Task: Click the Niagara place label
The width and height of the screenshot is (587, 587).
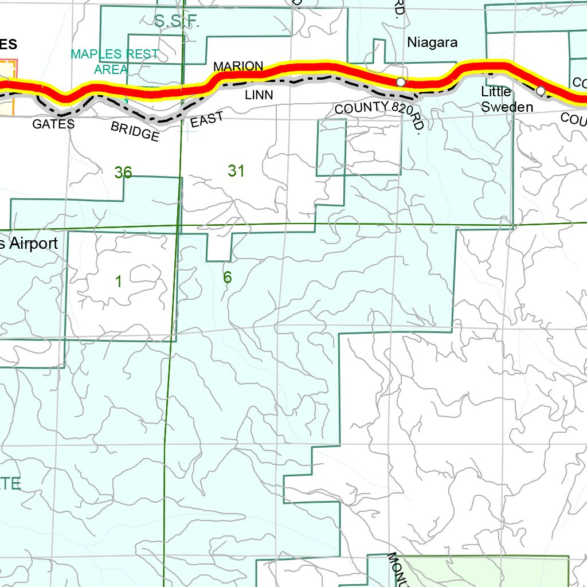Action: [432, 42]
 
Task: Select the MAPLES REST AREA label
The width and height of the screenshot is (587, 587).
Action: [115, 61]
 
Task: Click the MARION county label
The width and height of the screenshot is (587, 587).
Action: [238, 66]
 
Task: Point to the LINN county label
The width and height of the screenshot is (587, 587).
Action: [259, 95]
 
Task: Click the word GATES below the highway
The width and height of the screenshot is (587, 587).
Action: [53, 124]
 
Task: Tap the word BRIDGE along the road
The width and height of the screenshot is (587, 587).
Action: [135, 131]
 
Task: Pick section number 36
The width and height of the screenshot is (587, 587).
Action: [123, 172]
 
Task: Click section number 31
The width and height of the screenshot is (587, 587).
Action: [236, 170]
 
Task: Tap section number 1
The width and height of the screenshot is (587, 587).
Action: [118, 281]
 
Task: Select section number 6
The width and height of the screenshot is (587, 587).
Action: [227, 277]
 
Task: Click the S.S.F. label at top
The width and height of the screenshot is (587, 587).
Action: [176, 22]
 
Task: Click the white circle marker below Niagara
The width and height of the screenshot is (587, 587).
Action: [401, 82]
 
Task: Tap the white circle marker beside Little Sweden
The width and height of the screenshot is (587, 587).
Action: [540, 91]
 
